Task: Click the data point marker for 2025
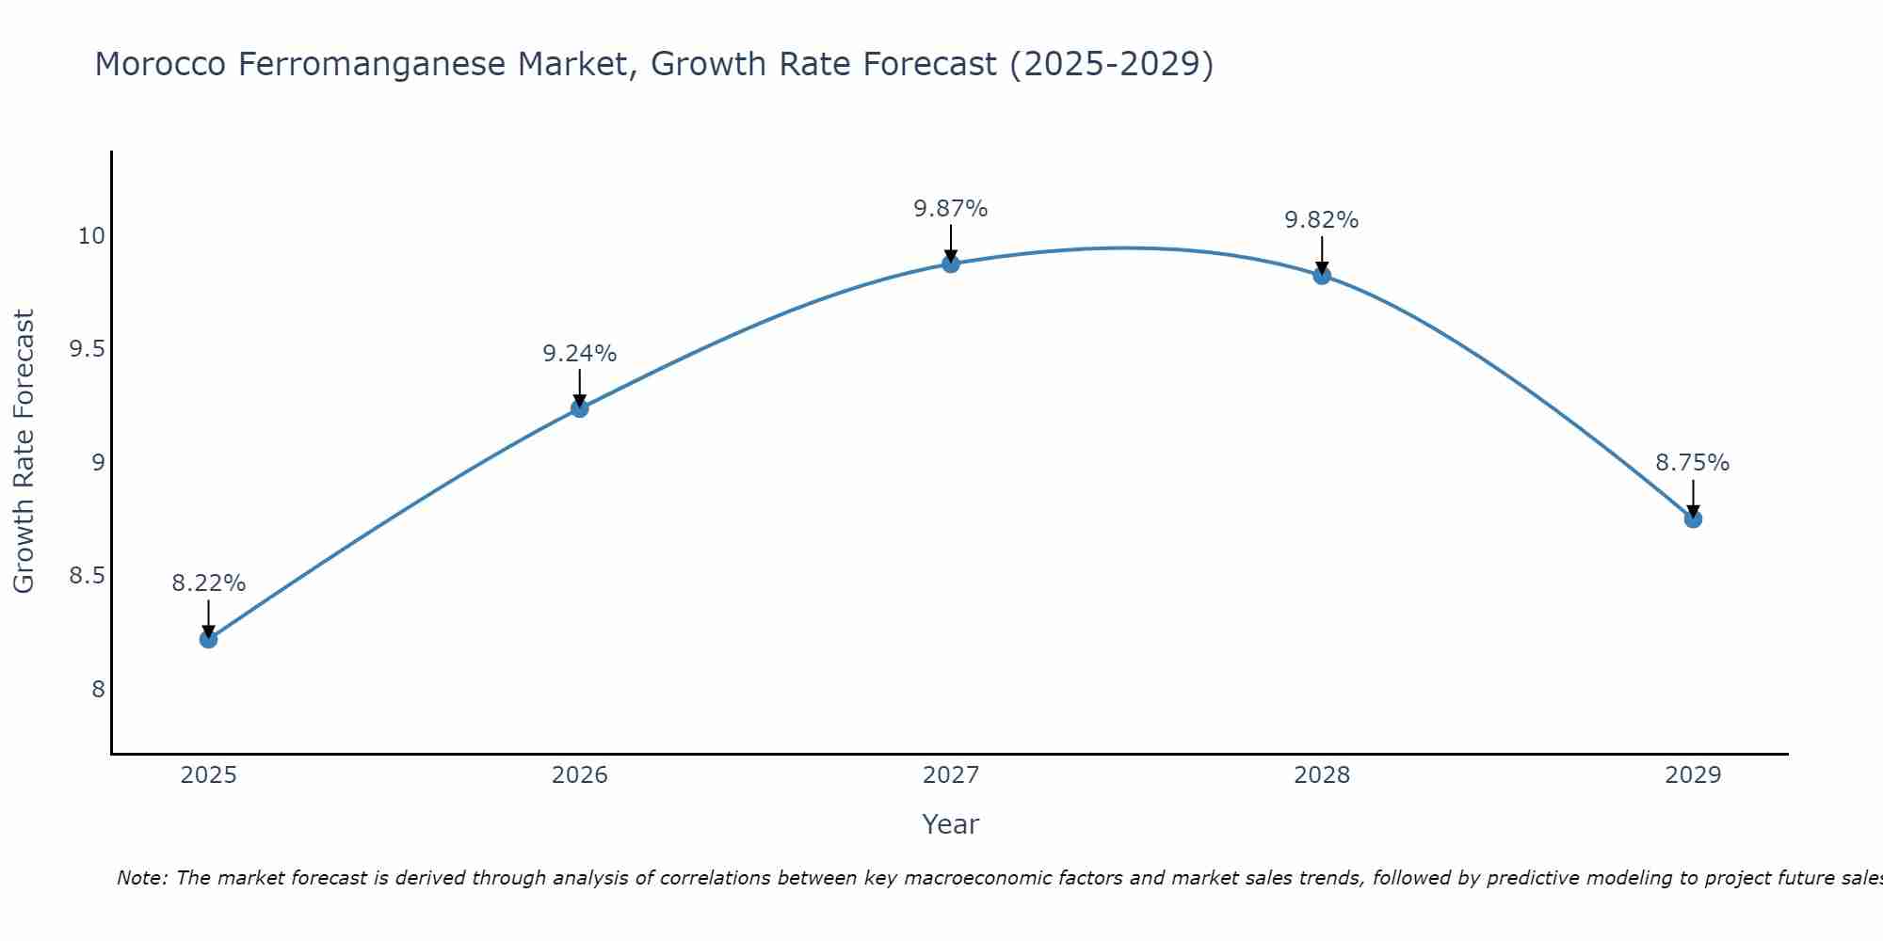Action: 208,639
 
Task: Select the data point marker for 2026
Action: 579,408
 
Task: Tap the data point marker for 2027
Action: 951,263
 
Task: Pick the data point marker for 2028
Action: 1322,276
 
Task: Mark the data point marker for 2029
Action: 1693,518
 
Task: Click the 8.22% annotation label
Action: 208,583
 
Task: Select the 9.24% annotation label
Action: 579,354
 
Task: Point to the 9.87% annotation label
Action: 951,209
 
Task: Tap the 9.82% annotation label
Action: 1322,220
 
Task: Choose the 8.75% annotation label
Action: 1693,463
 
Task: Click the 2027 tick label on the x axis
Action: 951,775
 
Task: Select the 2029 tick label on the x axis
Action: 1693,775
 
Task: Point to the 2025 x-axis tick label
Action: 208,775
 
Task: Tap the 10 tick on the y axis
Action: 91,236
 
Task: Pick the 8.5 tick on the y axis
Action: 87,576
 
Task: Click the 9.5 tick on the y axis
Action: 87,349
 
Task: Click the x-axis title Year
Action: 951,824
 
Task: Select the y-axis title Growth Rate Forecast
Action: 24,452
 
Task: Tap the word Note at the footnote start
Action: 140,878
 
